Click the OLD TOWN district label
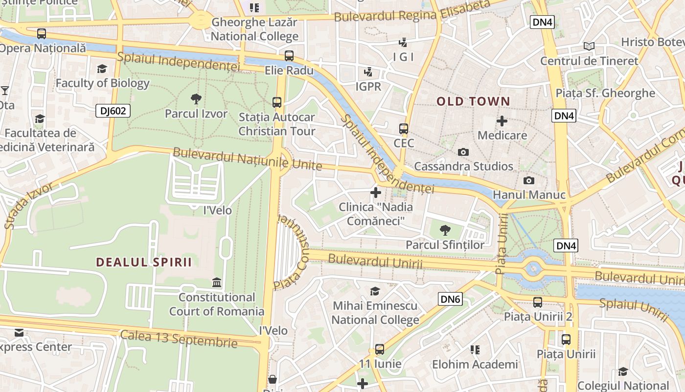(x=473, y=102)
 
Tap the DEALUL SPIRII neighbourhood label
(x=144, y=262)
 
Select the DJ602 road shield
(x=113, y=111)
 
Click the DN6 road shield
(x=450, y=299)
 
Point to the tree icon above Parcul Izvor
(x=196, y=99)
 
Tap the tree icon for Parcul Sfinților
(x=445, y=230)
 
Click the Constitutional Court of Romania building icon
(x=216, y=283)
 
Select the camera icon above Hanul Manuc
(x=528, y=180)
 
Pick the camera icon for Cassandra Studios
(x=463, y=152)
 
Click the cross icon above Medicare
(x=502, y=121)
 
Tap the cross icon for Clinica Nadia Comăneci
(x=376, y=193)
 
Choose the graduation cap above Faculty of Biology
(x=102, y=69)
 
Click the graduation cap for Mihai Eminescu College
(x=375, y=292)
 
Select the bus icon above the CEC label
(x=403, y=129)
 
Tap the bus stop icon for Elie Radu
(x=289, y=56)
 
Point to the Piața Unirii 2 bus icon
(x=538, y=302)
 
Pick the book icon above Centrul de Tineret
(x=589, y=47)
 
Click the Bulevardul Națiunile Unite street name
(x=248, y=159)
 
